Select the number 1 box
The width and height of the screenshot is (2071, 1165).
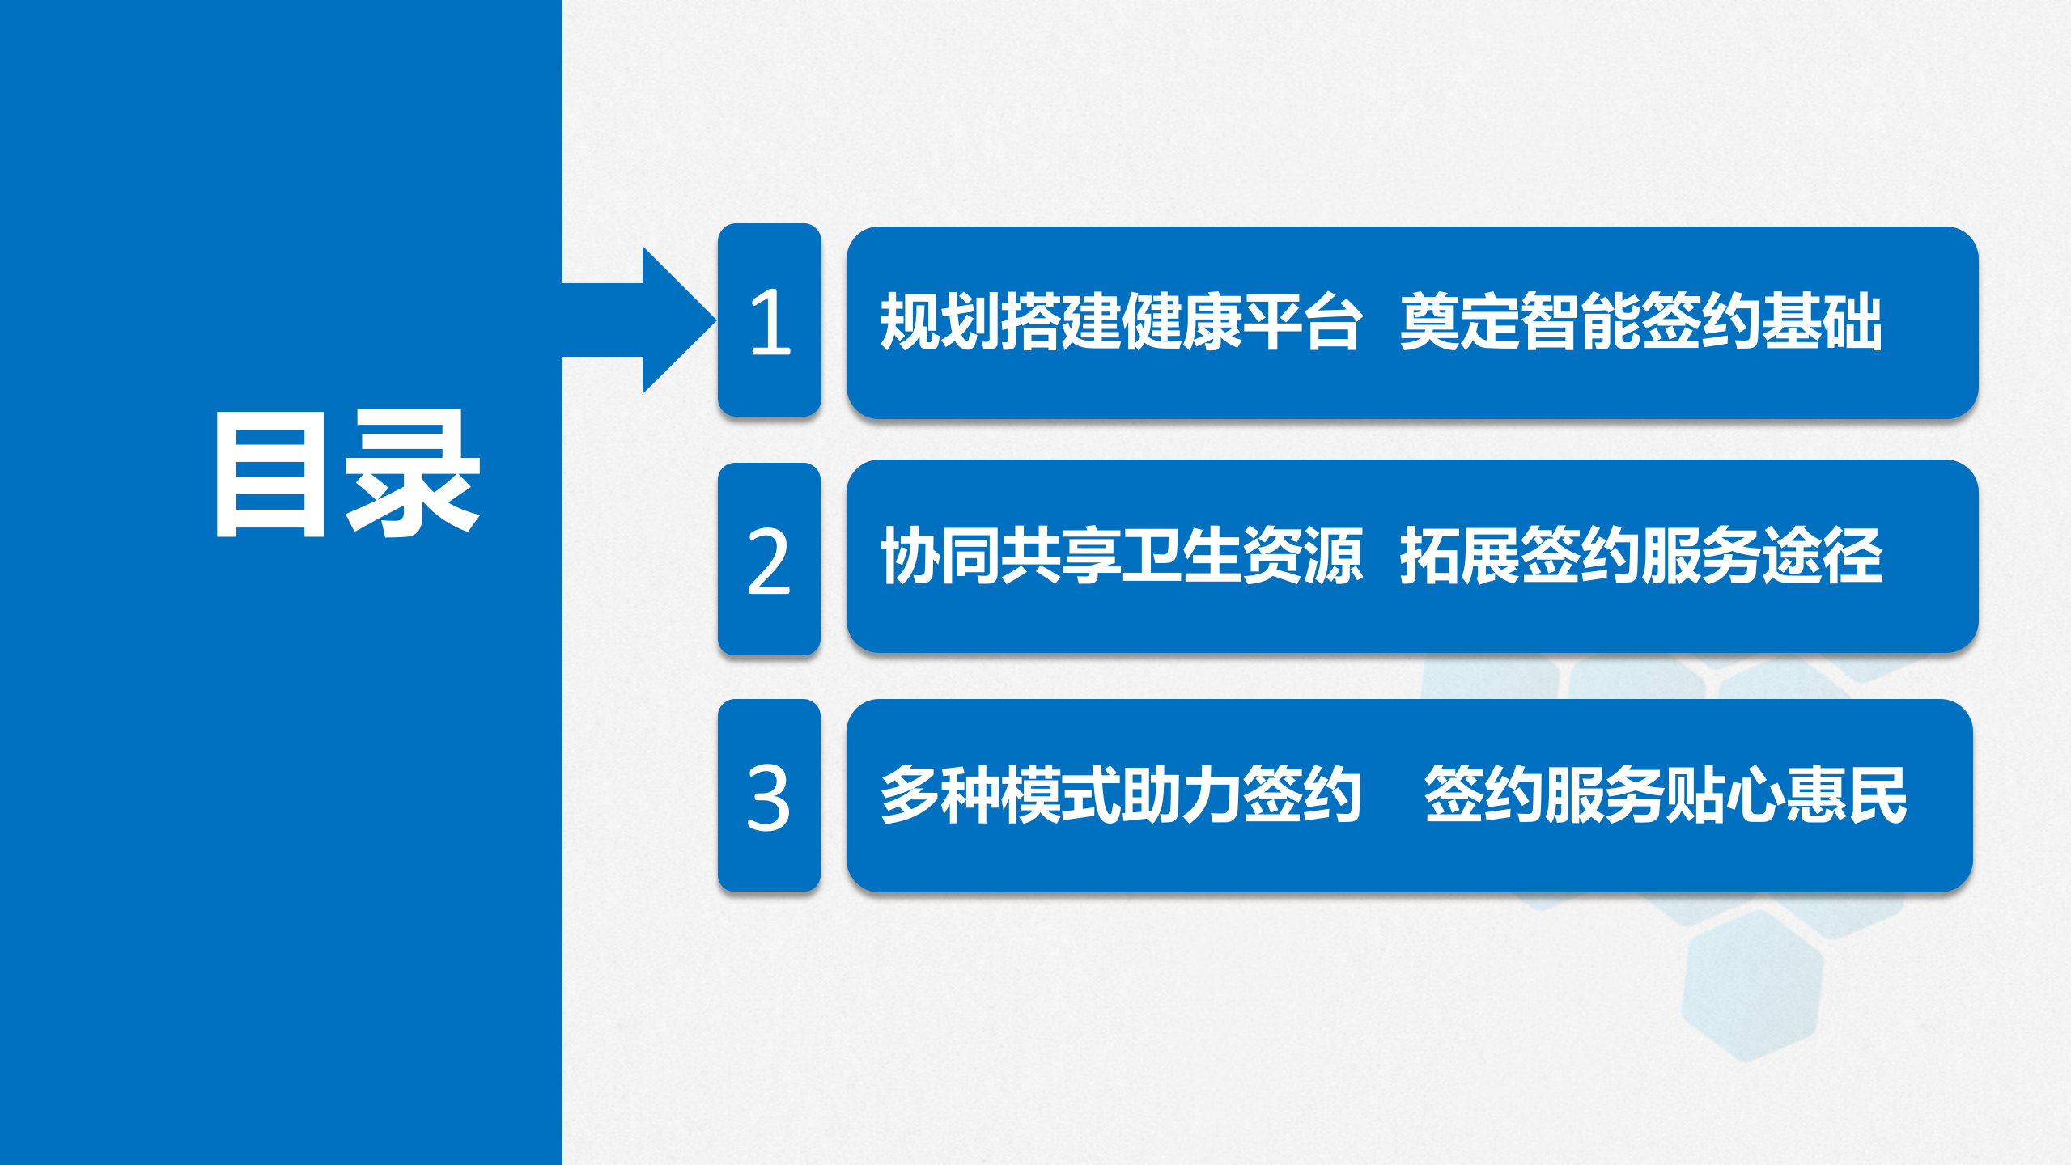coord(770,321)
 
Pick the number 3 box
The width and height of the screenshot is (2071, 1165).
coord(769,796)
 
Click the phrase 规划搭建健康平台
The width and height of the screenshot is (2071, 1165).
coord(1122,322)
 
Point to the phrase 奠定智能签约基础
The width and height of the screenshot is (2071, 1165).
coord(1641,322)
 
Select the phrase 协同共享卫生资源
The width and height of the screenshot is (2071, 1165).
coord(1122,556)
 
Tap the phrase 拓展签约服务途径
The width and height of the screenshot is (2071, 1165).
coord(1641,556)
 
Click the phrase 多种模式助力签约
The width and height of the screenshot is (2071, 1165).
coord(1122,795)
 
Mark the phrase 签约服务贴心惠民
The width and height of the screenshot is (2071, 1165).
coord(1666,795)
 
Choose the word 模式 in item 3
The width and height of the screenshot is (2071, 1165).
coord(1061,795)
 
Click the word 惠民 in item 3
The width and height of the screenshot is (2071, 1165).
coord(1847,795)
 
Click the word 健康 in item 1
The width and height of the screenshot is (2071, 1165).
coord(1182,322)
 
